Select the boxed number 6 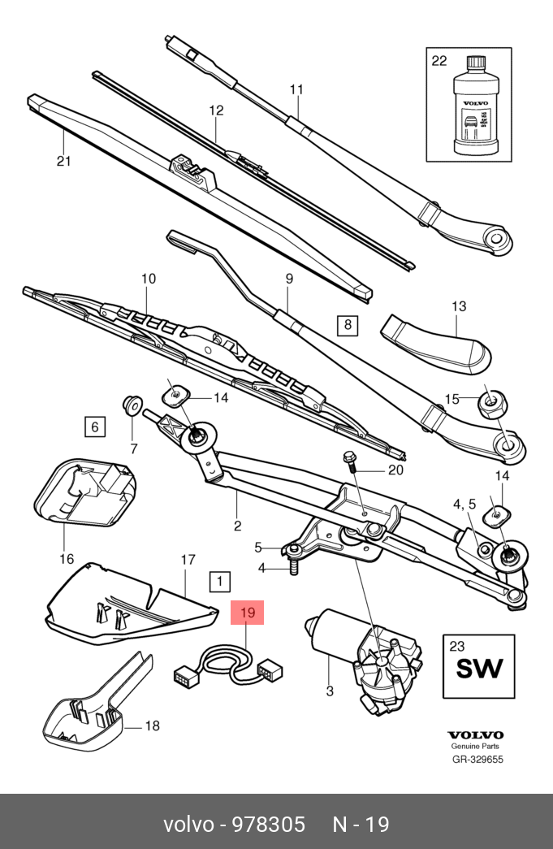(94, 426)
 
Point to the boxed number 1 (219, 582)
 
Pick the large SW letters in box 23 (478, 669)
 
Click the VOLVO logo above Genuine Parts (476, 734)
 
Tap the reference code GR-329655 (477, 760)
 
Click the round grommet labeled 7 (130, 403)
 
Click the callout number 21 (64, 161)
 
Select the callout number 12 (216, 110)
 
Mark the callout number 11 (296, 89)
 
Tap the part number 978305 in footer (269, 825)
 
